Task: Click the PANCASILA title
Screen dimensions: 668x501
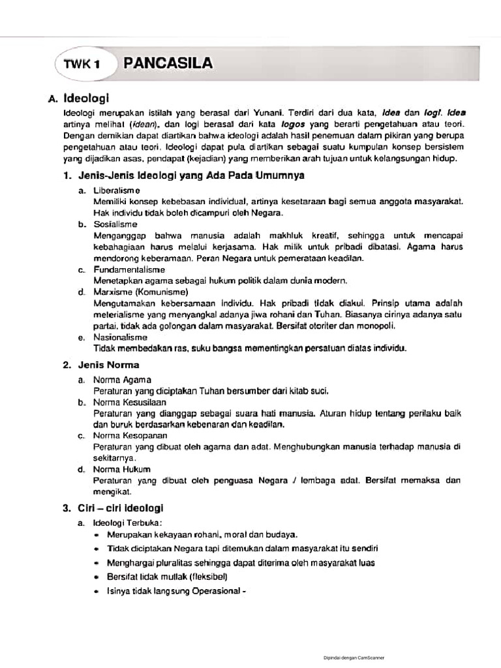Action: click(x=168, y=63)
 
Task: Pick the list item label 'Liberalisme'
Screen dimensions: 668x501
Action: click(x=116, y=190)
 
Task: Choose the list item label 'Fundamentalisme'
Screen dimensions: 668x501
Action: click(x=129, y=269)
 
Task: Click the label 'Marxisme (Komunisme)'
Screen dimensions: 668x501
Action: click(x=141, y=292)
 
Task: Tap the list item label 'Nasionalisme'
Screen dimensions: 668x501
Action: click(x=120, y=337)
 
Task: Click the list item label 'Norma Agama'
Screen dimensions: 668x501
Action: click(x=122, y=379)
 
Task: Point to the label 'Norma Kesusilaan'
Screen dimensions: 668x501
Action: click(x=130, y=402)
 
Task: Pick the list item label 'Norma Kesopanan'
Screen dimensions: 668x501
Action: click(x=130, y=435)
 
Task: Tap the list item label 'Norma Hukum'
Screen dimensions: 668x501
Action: click(x=122, y=469)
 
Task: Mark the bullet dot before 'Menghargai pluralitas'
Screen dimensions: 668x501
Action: click(x=97, y=562)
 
